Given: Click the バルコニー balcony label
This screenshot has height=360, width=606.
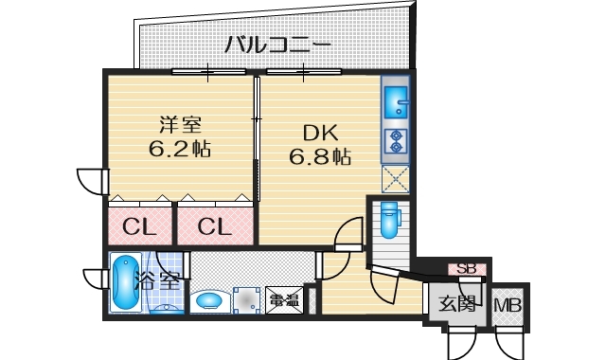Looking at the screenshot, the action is (x=277, y=44).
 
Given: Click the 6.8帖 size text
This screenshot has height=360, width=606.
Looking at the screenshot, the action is (x=320, y=157).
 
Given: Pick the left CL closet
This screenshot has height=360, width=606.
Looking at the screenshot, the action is (x=139, y=227).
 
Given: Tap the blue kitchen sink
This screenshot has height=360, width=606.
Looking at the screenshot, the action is (x=395, y=99).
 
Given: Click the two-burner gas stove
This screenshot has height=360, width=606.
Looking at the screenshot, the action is (x=395, y=141).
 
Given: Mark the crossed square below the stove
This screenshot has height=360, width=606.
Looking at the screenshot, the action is (x=395, y=178).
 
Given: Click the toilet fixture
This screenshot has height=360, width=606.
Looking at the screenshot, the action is (x=388, y=220).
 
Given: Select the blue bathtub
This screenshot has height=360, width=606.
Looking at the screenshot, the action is (x=123, y=283).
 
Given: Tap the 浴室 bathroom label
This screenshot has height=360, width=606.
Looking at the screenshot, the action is (x=157, y=280).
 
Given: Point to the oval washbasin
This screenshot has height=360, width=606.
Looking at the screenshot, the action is (x=209, y=301).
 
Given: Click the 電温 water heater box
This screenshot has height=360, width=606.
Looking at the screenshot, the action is (x=283, y=300).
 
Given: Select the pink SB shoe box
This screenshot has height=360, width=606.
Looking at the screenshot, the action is (x=467, y=269).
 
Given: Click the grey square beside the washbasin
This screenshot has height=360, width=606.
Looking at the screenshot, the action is (x=246, y=299).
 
